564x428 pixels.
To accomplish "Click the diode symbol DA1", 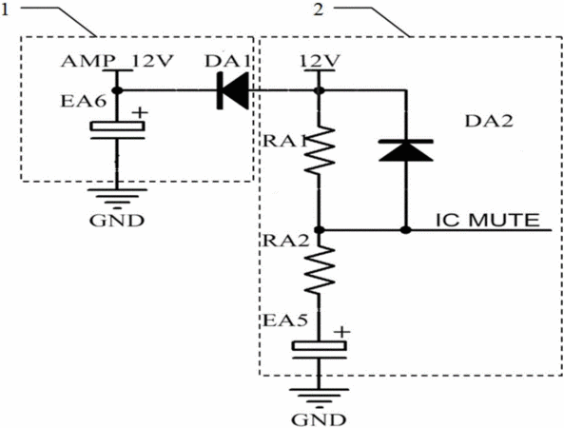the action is click(233, 90).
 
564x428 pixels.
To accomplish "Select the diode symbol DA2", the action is click(406, 150).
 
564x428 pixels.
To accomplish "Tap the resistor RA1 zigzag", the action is click(319, 150).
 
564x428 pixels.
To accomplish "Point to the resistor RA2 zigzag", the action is click(319, 270).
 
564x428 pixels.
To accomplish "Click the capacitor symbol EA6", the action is click(117, 130).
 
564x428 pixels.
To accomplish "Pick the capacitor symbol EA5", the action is click(319, 350).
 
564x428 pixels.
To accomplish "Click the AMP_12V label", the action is click(117, 61).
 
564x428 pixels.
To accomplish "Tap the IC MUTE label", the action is click(488, 220).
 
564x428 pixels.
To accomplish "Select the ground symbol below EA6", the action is click(117, 199).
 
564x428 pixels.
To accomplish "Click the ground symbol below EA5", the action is click(319, 399).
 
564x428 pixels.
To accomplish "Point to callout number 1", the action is click(5, 10).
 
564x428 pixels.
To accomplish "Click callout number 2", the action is click(319, 10).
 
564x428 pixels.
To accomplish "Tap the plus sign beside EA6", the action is click(140, 112).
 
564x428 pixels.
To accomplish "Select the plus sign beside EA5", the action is click(341, 332).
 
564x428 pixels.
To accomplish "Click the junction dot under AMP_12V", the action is click(117, 90).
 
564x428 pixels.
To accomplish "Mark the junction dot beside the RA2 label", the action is click(318, 229).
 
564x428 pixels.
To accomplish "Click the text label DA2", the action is click(489, 121).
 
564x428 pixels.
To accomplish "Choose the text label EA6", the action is click(84, 101).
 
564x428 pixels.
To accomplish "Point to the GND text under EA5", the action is click(319, 419).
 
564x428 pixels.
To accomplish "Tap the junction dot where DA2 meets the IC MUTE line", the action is click(406, 229).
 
